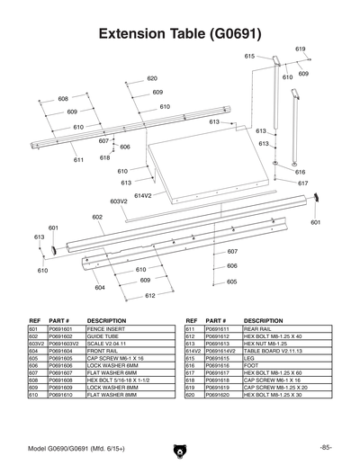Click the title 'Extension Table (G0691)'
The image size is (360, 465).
point(180,35)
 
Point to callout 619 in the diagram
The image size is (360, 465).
point(301,49)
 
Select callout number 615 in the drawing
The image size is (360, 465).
point(250,56)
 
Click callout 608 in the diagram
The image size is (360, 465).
point(63,98)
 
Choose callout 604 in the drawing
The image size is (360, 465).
point(100,287)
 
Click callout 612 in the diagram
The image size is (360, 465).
point(150,295)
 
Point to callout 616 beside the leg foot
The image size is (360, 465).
point(301,172)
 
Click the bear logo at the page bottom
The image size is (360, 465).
point(180,448)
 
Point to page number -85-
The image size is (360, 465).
point(325,447)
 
